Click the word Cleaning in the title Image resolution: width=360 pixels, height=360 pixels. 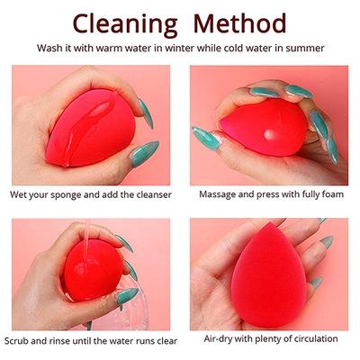[x=126, y=22]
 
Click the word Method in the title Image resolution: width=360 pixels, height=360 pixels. [x=242, y=22]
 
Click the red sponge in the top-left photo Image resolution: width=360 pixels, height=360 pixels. [x=90, y=126]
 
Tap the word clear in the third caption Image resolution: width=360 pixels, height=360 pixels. [x=165, y=340]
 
